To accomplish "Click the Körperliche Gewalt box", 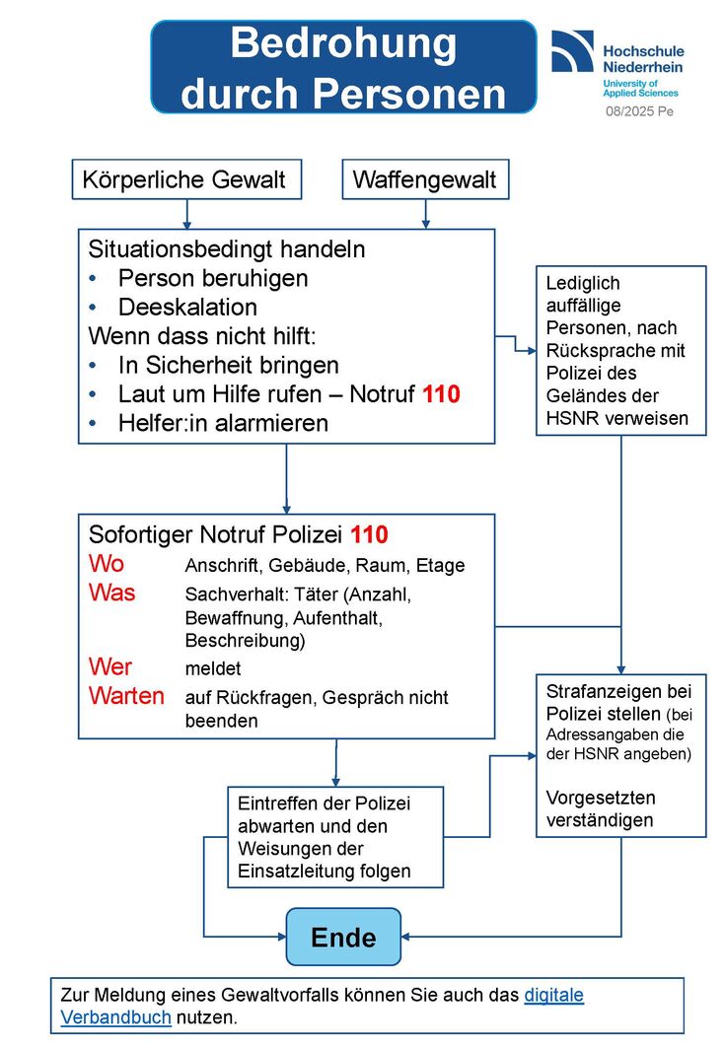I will (184, 180).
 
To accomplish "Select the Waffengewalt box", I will (425, 180).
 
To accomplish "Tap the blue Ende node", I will (343, 937).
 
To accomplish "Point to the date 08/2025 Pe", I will (639, 111).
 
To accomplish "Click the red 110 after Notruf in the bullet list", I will (441, 393).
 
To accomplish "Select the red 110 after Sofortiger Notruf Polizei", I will (369, 535).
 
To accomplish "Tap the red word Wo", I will (107, 565).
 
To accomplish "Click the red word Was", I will (112, 593).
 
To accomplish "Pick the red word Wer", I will (110, 666).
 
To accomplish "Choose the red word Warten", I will (126, 696).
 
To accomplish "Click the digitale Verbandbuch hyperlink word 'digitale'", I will (553, 995).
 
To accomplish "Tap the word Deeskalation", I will (187, 307).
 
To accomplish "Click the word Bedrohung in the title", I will (343, 44).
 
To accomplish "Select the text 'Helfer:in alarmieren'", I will (223, 423).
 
